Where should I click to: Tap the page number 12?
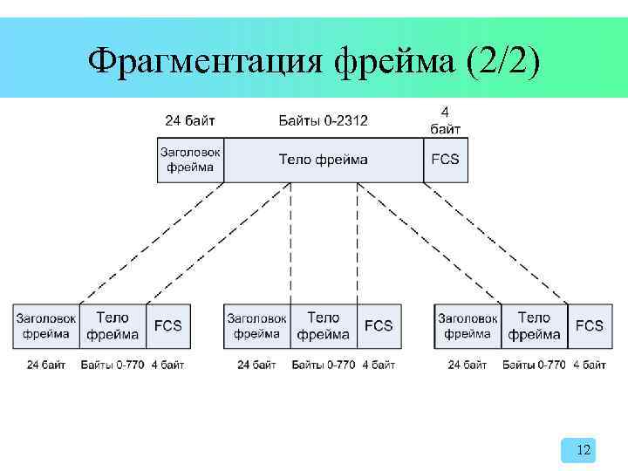pos(584,450)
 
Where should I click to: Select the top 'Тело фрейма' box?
pos(323,160)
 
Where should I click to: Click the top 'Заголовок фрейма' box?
pos(190,160)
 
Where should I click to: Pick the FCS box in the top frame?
pos(445,160)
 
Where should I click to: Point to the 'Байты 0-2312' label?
pos(324,120)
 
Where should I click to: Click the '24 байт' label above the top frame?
pos(190,120)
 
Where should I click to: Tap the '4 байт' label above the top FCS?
pos(445,120)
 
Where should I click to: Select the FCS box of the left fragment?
pos(167,326)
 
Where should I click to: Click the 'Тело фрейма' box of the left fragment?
pos(113,326)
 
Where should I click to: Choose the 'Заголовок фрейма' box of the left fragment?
pos(46,326)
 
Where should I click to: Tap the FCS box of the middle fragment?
pos(379,326)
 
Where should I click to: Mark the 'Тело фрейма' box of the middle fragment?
pos(324,326)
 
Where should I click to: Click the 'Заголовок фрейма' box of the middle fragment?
pos(257,326)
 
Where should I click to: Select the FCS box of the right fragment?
pos(589,326)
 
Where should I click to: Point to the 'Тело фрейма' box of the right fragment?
pos(534,326)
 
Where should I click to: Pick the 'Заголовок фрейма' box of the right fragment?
pos(468,326)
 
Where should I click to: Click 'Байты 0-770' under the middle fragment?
pos(324,365)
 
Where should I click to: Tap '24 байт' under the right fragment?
pos(468,365)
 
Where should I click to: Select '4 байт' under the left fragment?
pos(167,365)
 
